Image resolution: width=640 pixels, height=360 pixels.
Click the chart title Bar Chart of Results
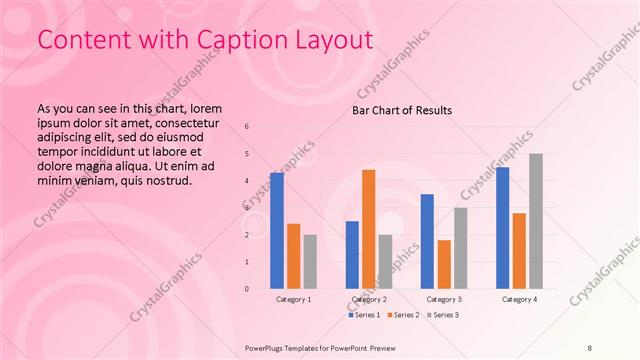point(401,110)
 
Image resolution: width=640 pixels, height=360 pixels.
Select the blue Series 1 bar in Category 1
point(277,231)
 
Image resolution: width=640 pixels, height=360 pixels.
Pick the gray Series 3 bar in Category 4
point(536,221)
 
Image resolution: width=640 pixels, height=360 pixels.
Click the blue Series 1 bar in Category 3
point(427,241)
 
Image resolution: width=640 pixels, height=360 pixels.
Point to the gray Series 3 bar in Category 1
point(310,262)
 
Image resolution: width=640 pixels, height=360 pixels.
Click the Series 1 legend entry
point(364,315)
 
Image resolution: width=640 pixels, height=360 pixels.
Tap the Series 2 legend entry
point(402,315)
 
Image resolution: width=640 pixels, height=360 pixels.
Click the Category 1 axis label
point(293,299)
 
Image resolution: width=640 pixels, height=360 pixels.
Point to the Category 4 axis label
point(519,299)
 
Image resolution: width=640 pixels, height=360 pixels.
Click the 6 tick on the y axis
point(247,127)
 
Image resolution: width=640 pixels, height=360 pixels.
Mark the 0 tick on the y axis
point(247,289)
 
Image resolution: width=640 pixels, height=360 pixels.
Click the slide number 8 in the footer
point(590,348)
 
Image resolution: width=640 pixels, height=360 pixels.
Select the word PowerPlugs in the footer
point(266,348)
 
